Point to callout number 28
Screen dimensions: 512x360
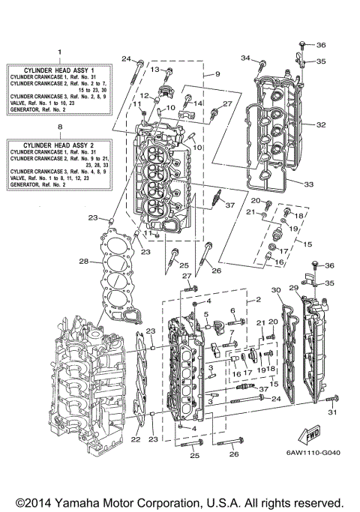(84, 262)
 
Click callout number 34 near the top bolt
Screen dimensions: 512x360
(244, 58)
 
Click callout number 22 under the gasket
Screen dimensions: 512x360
(136, 439)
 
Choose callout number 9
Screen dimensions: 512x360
(216, 74)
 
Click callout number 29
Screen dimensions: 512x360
(294, 289)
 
